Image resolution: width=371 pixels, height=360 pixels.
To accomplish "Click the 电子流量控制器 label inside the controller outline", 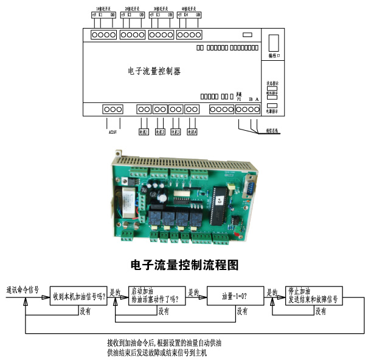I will (154, 71).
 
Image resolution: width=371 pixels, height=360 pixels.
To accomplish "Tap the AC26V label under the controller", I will (112, 130).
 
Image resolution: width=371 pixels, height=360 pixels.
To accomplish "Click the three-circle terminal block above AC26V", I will (113, 109).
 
